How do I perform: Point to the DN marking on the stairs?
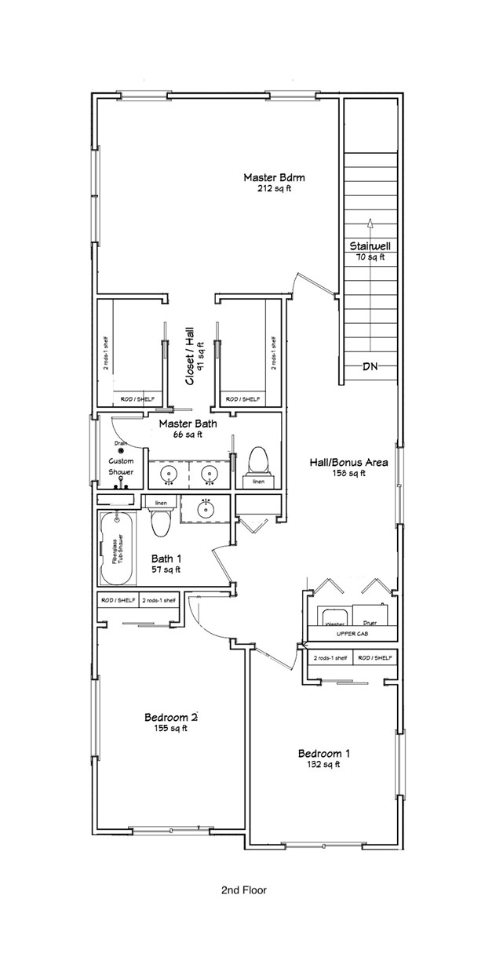[370, 366]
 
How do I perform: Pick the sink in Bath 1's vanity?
[206, 510]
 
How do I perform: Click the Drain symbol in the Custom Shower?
[121, 450]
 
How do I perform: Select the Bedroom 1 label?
[323, 754]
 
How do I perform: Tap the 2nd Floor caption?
[244, 890]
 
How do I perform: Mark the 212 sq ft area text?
[273, 189]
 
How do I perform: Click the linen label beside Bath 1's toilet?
[161, 502]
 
